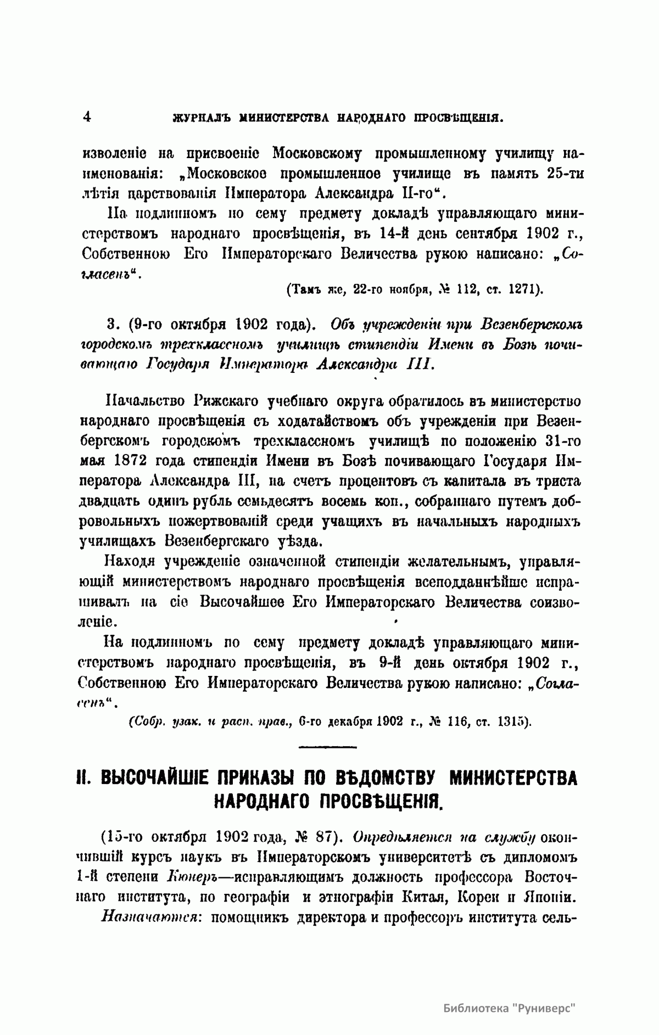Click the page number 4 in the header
[86, 116]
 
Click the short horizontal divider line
[328, 747]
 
